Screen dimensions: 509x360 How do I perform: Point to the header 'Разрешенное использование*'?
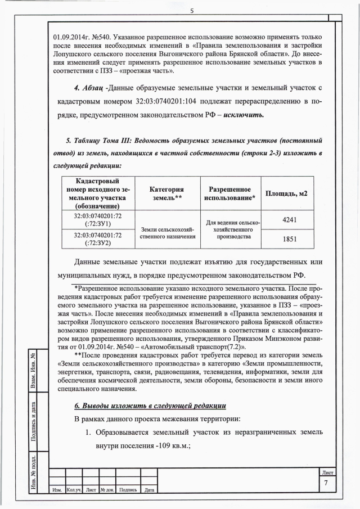tap(229, 193)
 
